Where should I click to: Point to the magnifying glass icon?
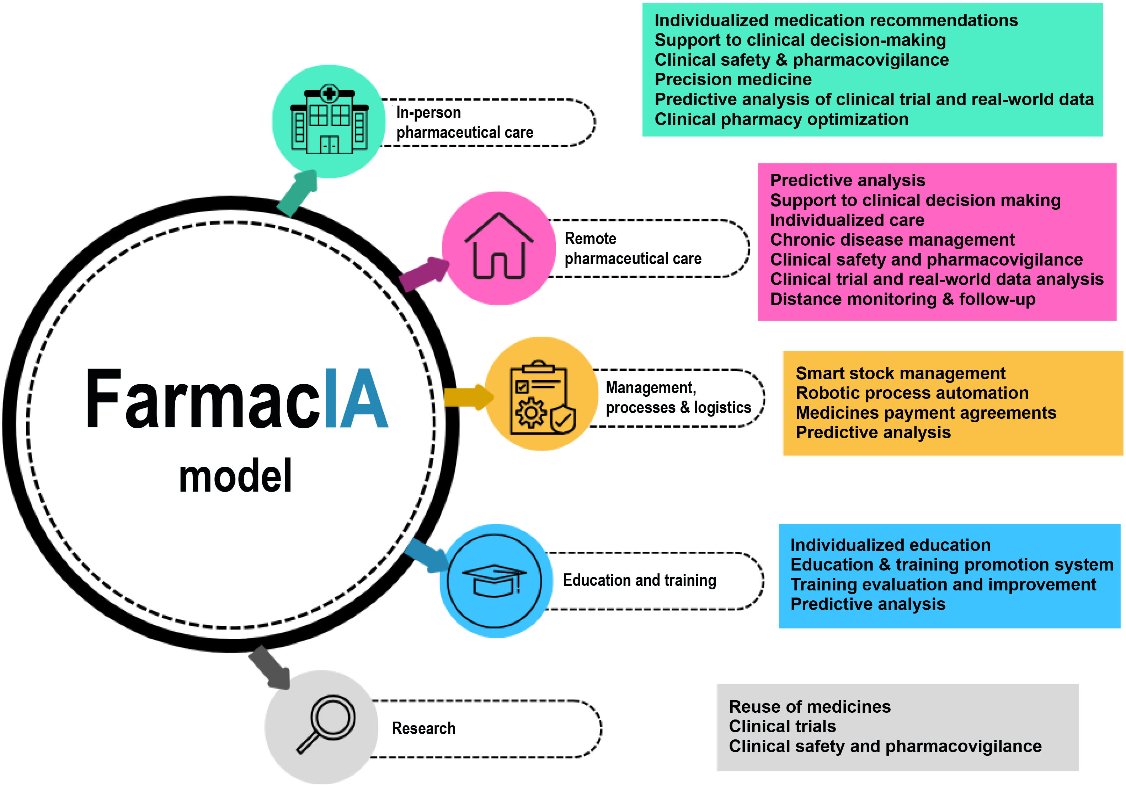pos(326,723)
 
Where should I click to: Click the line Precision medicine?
pos(733,79)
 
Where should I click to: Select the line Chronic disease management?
pos(892,240)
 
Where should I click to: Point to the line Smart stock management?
pos(900,374)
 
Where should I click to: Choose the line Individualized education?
pos(890,545)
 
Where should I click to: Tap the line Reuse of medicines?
pos(810,707)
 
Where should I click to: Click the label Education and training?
pos(639,580)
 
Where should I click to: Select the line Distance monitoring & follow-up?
pos(903,299)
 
